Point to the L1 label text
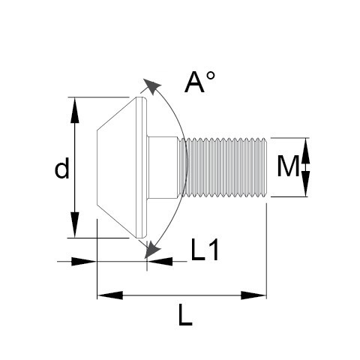click(x=204, y=250)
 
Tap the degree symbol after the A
click(x=211, y=76)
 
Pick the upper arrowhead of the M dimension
click(x=306, y=146)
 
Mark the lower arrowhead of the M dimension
click(x=306, y=188)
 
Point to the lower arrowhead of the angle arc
click(x=153, y=247)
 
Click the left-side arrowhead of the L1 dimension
click(x=85, y=261)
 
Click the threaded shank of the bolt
click(x=225, y=167)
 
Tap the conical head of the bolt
click(x=120, y=167)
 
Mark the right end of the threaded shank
click(x=265, y=167)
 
